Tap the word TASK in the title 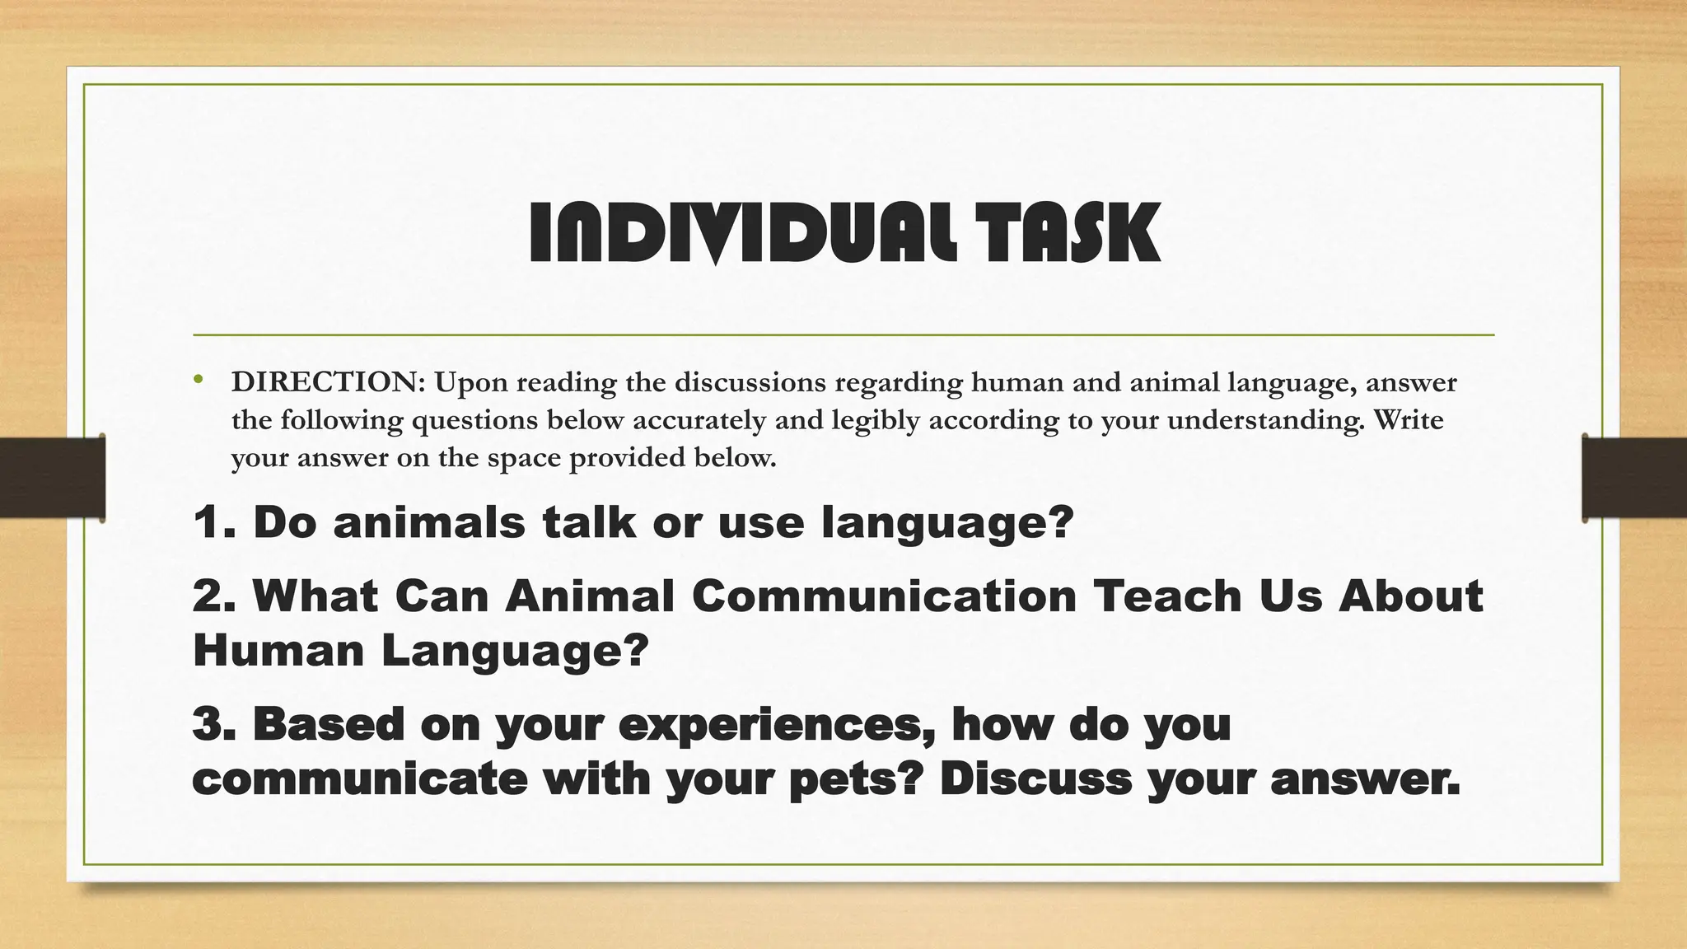[1068, 234]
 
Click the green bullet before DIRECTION [198, 380]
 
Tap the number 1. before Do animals [215, 522]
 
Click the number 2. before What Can [215, 596]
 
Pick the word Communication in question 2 [884, 596]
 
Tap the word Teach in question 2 [1167, 596]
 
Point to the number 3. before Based [215, 724]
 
